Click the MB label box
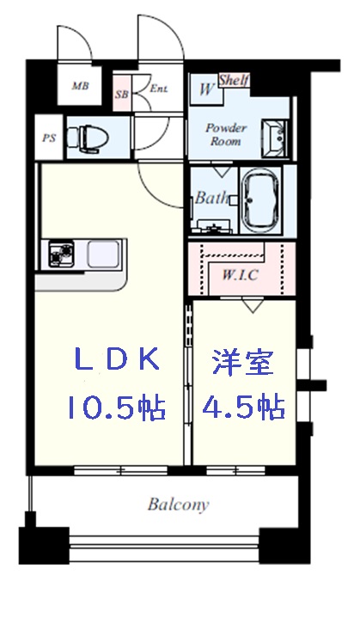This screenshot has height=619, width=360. tap(80, 86)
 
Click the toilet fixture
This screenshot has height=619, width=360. tap(87, 135)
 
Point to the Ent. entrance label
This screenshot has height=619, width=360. tap(159, 89)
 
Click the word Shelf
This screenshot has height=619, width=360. tap(233, 80)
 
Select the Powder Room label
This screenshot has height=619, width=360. tap(225, 135)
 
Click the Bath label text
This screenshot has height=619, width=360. tap(211, 198)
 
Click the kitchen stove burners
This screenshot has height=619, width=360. tap(62, 255)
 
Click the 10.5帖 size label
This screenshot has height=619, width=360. tap(115, 407)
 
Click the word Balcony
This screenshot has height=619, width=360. tap(177, 505)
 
